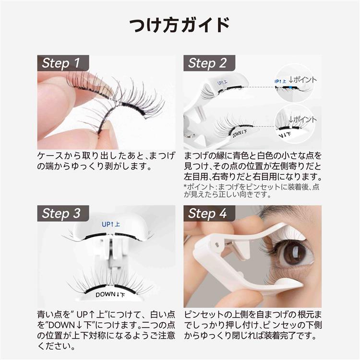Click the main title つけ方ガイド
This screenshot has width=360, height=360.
(x=180, y=24)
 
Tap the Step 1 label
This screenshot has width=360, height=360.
(x=61, y=63)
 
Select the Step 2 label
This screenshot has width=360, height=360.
(x=207, y=63)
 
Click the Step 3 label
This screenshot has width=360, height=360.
(x=61, y=213)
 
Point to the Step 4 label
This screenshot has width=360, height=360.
(x=207, y=213)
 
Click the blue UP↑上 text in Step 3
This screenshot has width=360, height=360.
(x=111, y=224)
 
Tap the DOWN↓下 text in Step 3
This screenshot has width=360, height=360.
(x=110, y=295)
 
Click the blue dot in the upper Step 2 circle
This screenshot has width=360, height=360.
(x=291, y=87)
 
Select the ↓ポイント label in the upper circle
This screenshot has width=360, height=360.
(x=302, y=80)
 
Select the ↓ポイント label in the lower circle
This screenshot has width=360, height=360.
(x=302, y=120)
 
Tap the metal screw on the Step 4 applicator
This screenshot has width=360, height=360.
(x=217, y=244)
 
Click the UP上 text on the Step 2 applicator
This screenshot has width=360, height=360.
(x=222, y=83)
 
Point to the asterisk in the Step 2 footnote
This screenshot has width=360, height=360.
(x=185, y=186)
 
